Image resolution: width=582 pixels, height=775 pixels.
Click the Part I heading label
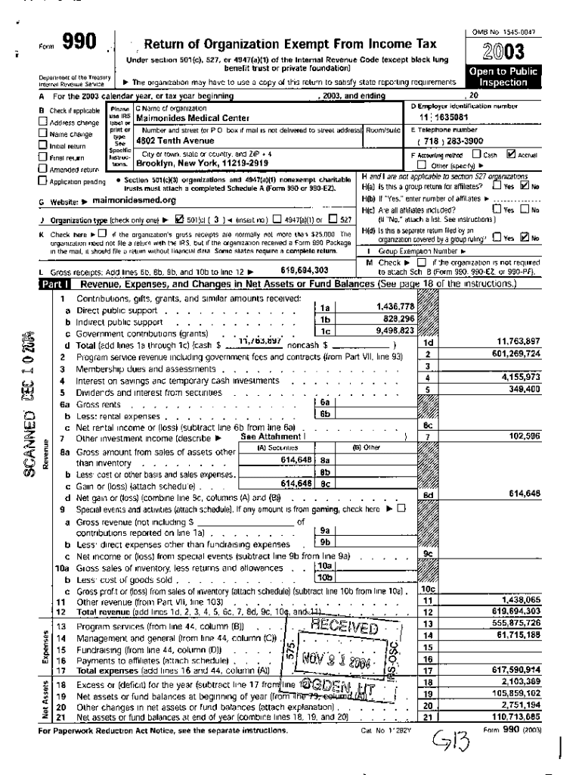pyautogui.click(x=51, y=284)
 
